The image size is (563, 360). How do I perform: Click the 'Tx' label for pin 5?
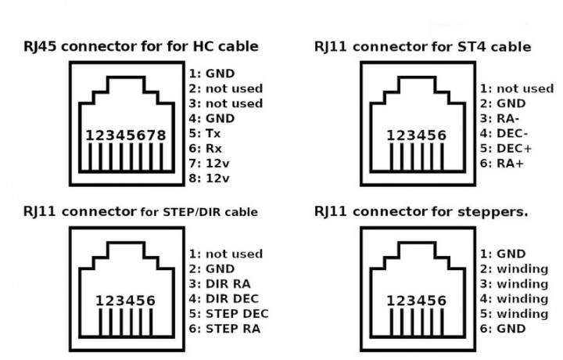(x=213, y=134)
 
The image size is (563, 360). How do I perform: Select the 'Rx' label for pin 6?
(x=213, y=149)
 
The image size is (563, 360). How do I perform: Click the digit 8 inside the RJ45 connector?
(x=162, y=135)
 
